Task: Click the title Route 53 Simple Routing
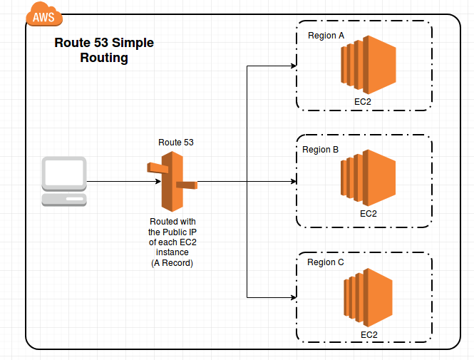click(x=104, y=51)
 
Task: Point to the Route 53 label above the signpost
click(x=175, y=143)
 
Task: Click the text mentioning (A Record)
click(x=172, y=263)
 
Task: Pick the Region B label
click(x=321, y=150)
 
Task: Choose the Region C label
click(x=325, y=262)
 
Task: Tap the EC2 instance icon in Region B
click(x=368, y=178)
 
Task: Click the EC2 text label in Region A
click(x=362, y=102)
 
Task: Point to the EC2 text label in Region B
click(x=368, y=213)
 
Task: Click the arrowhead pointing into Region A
click(x=292, y=66)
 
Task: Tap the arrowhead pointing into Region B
click(x=292, y=182)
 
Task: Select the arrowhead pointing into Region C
click(x=292, y=297)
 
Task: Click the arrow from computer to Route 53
click(x=121, y=182)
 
